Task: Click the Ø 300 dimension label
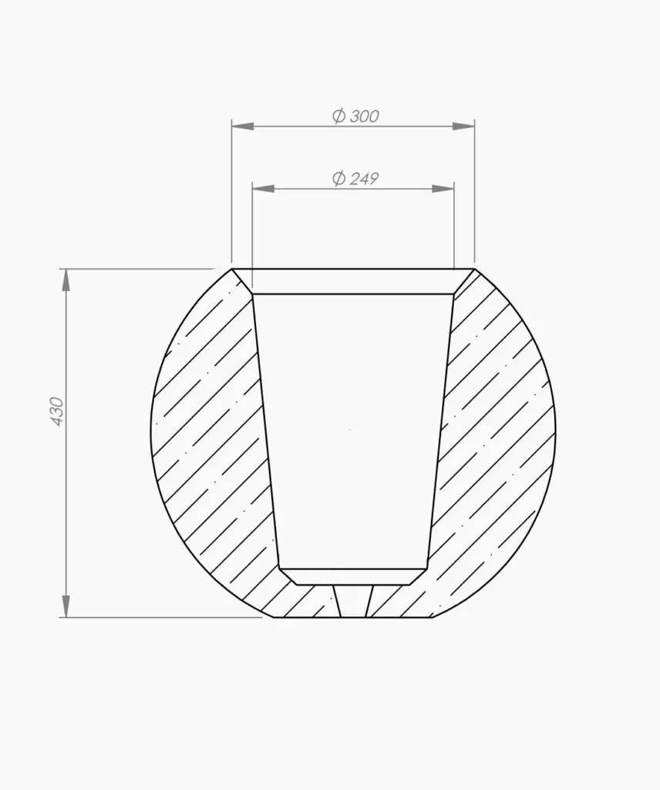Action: pyautogui.click(x=355, y=116)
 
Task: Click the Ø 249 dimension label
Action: pyautogui.click(x=355, y=178)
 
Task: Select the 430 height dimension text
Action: pyautogui.click(x=57, y=412)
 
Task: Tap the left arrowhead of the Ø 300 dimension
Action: pyautogui.click(x=242, y=126)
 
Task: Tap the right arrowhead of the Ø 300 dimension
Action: pyautogui.click(x=463, y=126)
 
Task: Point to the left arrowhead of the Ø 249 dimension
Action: pyautogui.click(x=263, y=189)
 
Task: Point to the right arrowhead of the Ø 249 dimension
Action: pyautogui.click(x=443, y=189)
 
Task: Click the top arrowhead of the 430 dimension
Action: pyautogui.click(x=66, y=280)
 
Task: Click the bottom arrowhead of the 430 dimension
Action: pyautogui.click(x=66, y=606)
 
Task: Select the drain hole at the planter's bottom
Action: pyautogui.click(x=355, y=601)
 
